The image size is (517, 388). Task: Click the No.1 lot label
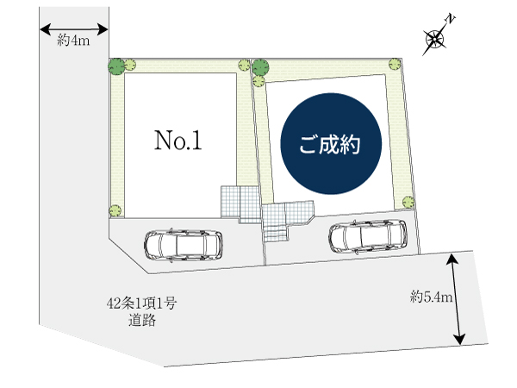pos(178,141)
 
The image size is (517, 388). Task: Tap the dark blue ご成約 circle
pos(331,143)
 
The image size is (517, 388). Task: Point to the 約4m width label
pos(73,40)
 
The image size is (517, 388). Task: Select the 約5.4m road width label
pos(432,297)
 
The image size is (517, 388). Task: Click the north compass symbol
pos(435,40)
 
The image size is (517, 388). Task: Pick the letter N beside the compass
pos(450,19)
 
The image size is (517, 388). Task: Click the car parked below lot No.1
pos(184,246)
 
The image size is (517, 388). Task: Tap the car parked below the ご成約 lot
pos(367,237)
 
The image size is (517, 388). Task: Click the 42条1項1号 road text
pos(142,304)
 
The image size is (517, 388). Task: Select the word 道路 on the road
pos(142,321)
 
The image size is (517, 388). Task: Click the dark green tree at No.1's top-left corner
pos(116,66)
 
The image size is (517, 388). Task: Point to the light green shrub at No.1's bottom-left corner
pos(115,210)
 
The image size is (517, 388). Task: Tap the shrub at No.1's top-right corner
pos(244,65)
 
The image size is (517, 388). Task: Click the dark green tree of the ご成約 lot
pos(260,67)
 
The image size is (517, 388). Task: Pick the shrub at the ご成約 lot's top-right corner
pos(395,64)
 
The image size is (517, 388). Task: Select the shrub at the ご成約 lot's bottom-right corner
pos(408,202)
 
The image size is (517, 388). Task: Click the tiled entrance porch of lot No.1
pos(240,203)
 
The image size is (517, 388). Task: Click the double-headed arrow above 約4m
pos(74,29)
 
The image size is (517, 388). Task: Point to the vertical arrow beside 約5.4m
pos(456,299)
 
